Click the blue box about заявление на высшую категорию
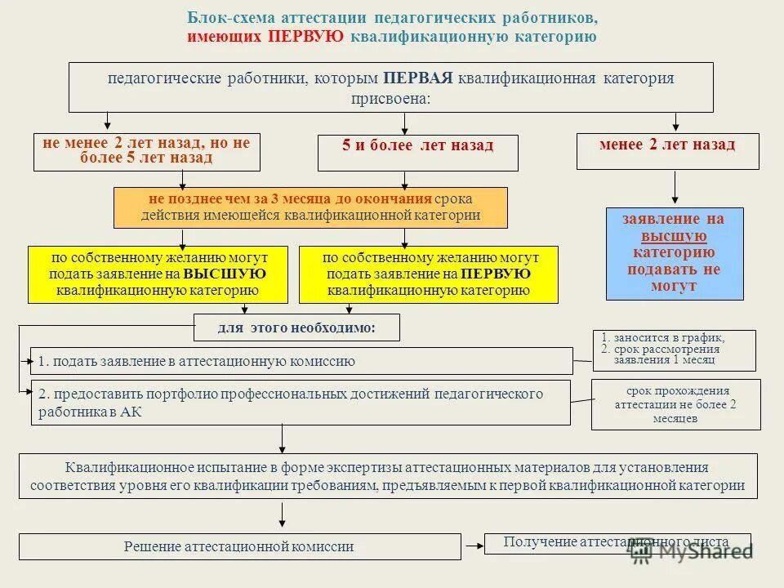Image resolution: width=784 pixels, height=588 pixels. click(675, 253)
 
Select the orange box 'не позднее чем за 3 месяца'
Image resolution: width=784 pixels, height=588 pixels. click(310, 207)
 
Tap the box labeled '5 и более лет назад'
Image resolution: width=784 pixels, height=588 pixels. click(417, 152)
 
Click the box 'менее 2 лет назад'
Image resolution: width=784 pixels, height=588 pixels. click(667, 151)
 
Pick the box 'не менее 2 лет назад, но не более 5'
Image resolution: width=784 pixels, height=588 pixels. click(146, 152)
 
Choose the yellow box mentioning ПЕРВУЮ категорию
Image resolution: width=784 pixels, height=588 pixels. click(429, 274)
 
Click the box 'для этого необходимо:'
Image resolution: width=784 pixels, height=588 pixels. click(296, 327)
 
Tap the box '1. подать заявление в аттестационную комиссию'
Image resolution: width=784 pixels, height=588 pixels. click(301, 361)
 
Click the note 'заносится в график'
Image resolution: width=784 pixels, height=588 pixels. click(674, 350)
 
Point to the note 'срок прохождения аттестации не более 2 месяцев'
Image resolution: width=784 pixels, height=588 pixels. click(675, 404)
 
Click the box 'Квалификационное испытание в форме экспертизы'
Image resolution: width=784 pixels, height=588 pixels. click(387, 476)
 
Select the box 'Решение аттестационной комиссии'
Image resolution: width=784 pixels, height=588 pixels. click(239, 546)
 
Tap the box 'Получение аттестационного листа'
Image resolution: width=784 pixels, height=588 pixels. click(617, 543)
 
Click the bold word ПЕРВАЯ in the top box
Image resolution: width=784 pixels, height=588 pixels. click(417, 78)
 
